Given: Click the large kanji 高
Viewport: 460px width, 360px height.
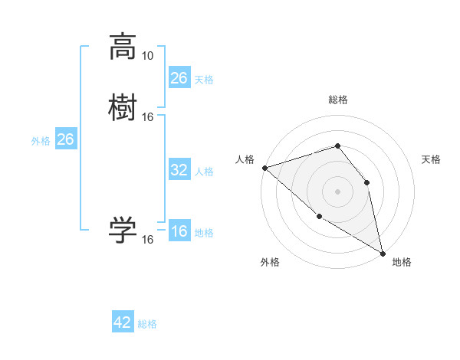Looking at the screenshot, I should (123, 47).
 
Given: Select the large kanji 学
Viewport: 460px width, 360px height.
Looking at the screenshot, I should (123, 229).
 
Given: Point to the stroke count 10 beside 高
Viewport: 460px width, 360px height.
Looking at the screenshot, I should (148, 56).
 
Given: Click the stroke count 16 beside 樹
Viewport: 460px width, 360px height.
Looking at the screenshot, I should (148, 116).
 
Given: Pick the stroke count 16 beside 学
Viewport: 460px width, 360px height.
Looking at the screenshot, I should (148, 240).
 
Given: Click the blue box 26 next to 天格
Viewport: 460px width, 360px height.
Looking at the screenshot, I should (179, 78).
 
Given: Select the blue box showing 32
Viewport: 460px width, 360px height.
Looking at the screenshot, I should (179, 170).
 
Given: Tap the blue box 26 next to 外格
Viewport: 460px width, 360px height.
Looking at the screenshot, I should (66, 139).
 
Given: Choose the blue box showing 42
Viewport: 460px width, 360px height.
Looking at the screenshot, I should (123, 322).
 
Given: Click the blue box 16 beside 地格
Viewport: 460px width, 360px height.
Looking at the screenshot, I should (179, 232).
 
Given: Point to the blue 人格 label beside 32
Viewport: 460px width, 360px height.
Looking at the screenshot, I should (204, 171).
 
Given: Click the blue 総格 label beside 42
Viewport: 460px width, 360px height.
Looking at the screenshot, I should (147, 324).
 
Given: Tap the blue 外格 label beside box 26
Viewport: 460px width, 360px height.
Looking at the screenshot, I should (41, 141).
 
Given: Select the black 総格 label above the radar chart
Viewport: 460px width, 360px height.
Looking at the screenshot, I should (338, 100).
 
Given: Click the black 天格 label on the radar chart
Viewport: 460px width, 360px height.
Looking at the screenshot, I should (432, 159).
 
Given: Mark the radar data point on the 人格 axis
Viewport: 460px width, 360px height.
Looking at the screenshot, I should (264, 168).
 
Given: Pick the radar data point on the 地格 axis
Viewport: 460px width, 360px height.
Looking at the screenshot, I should (383, 252).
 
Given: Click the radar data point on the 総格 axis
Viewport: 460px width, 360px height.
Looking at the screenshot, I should (337, 146).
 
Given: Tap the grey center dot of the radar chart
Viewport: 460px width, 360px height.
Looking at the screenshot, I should (337, 191).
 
